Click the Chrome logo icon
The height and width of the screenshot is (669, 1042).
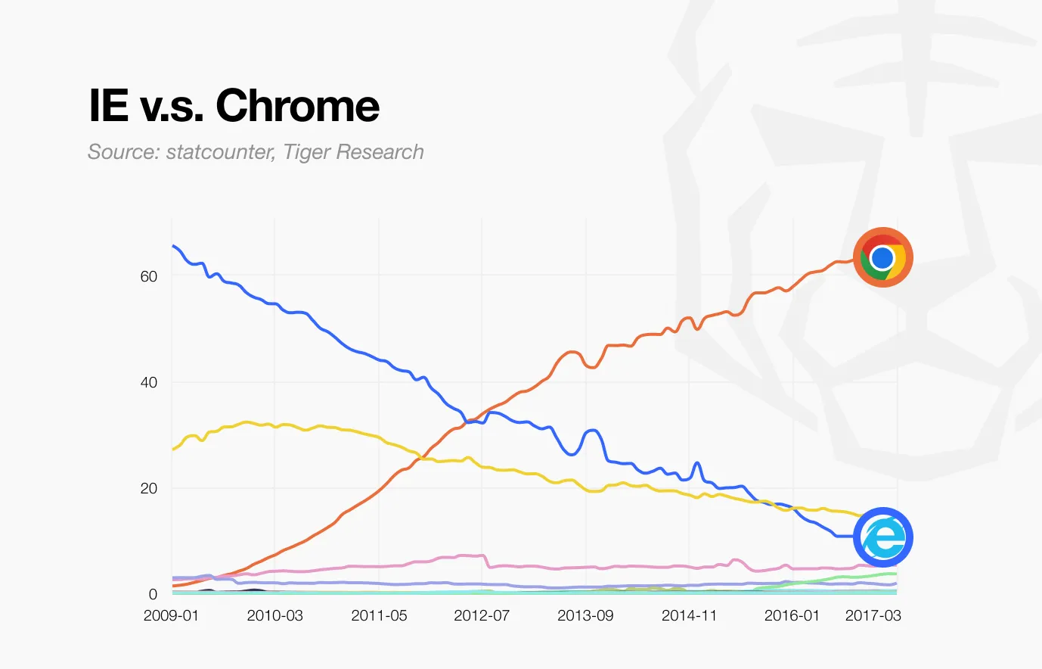point(882,257)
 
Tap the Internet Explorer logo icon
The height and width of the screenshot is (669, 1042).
point(882,537)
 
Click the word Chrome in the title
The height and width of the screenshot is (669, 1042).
point(297,105)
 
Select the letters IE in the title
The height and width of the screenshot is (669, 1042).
point(109,105)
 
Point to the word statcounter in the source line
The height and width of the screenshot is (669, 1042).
point(219,152)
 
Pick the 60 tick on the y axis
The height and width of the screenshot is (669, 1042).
point(149,276)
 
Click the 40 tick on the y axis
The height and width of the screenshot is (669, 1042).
point(149,382)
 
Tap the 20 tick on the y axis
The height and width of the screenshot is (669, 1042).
point(149,488)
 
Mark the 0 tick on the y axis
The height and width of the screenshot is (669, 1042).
point(153,594)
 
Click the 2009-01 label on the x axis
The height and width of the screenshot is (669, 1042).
point(171,615)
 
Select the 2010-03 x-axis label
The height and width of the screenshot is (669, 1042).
point(274,615)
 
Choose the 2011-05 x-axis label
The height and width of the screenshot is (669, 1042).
point(379,615)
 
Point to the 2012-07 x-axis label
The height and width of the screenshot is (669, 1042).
point(482,615)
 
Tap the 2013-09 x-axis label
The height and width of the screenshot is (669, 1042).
point(585,615)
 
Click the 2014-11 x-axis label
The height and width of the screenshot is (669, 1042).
point(689,615)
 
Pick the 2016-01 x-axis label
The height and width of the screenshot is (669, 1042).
point(792,615)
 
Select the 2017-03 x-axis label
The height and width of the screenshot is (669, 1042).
point(873,615)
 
